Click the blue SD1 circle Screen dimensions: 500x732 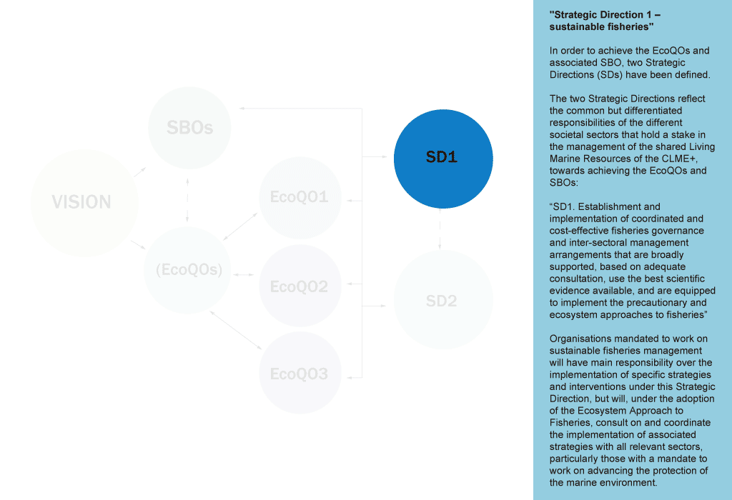443,158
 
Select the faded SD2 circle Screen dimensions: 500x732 443,300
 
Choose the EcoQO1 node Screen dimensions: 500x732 300,197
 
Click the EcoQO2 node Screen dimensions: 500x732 300,286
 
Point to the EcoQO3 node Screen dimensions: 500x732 300,374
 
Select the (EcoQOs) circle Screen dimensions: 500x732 188,271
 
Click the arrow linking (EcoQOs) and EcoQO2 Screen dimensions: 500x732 244,274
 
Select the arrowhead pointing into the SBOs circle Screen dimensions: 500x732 243,109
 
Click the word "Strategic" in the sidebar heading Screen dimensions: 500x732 575,14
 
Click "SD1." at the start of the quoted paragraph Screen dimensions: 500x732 563,207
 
